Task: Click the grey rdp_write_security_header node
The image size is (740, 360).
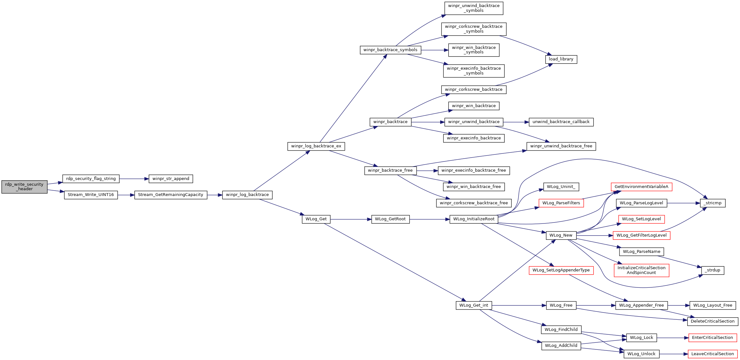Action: (x=24, y=187)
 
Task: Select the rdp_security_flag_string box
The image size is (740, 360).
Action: (x=91, y=179)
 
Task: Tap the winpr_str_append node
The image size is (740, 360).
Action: (x=171, y=179)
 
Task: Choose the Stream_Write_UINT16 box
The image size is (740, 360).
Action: (x=91, y=195)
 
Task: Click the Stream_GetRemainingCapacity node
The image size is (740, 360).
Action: (x=171, y=195)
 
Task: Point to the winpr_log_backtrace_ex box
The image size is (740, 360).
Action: (x=316, y=146)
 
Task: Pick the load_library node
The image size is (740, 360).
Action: (x=561, y=59)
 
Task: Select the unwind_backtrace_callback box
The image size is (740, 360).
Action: (x=561, y=122)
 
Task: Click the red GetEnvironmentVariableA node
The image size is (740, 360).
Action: (x=641, y=187)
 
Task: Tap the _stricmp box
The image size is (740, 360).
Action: (x=713, y=203)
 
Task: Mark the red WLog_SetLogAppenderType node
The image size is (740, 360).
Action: (x=561, y=270)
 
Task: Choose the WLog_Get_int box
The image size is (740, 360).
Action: (x=474, y=305)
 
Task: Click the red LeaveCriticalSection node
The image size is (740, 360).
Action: (x=713, y=354)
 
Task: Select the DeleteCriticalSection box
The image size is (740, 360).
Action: (x=713, y=321)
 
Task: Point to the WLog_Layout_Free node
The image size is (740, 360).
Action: (x=713, y=305)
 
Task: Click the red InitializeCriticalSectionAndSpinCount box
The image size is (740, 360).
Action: (x=641, y=270)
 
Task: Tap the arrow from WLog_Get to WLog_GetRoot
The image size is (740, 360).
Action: (x=351, y=219)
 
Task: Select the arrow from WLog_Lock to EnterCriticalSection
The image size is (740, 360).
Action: (x=673, y=338)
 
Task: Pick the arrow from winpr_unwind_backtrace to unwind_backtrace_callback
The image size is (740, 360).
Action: (x=516, y=122)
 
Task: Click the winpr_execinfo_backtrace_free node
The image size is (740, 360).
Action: (x=474, y=170)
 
